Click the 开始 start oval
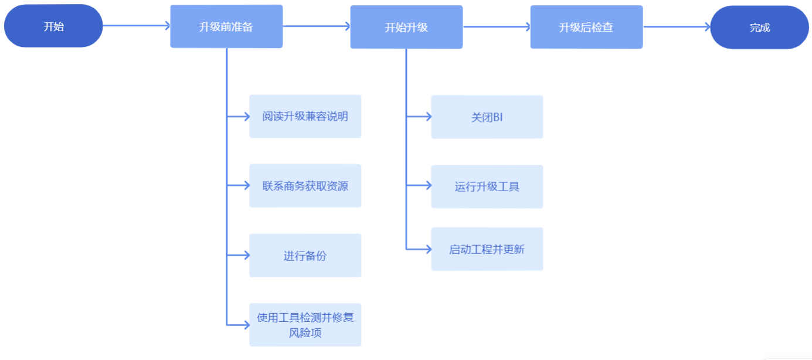(53, 26)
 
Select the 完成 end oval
(759, 27)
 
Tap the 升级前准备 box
(226, 26)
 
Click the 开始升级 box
(406, 27)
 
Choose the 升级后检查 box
(586, 27)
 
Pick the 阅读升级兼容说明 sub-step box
(305, 116)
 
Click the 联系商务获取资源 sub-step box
(305, 186)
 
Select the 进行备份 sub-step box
(305, 256)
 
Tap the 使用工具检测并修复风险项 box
(305, 325)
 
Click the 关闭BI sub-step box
(487, 117)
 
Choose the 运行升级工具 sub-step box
(487, 186)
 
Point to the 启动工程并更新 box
(487, 249)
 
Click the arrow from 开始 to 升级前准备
(136, 26)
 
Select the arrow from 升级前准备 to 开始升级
(317, 26)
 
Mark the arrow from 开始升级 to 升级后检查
(497, 26)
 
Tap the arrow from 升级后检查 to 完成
(677, 26)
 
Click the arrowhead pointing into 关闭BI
(427, 117)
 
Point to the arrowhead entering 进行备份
(246, 255)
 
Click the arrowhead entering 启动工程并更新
(427, 249)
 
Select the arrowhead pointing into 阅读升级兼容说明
(246, 116)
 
